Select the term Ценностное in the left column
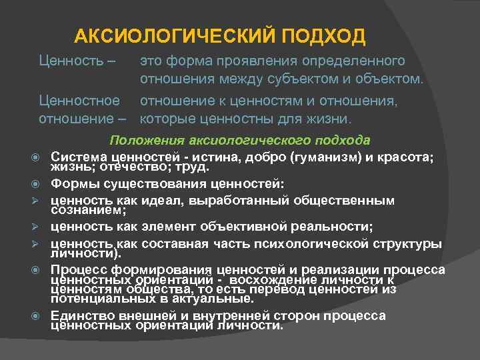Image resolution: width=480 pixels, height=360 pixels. coord(79,101)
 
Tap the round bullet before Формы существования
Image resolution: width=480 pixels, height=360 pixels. coord(40,183)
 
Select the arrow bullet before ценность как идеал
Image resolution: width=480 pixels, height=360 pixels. coord(40,201)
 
